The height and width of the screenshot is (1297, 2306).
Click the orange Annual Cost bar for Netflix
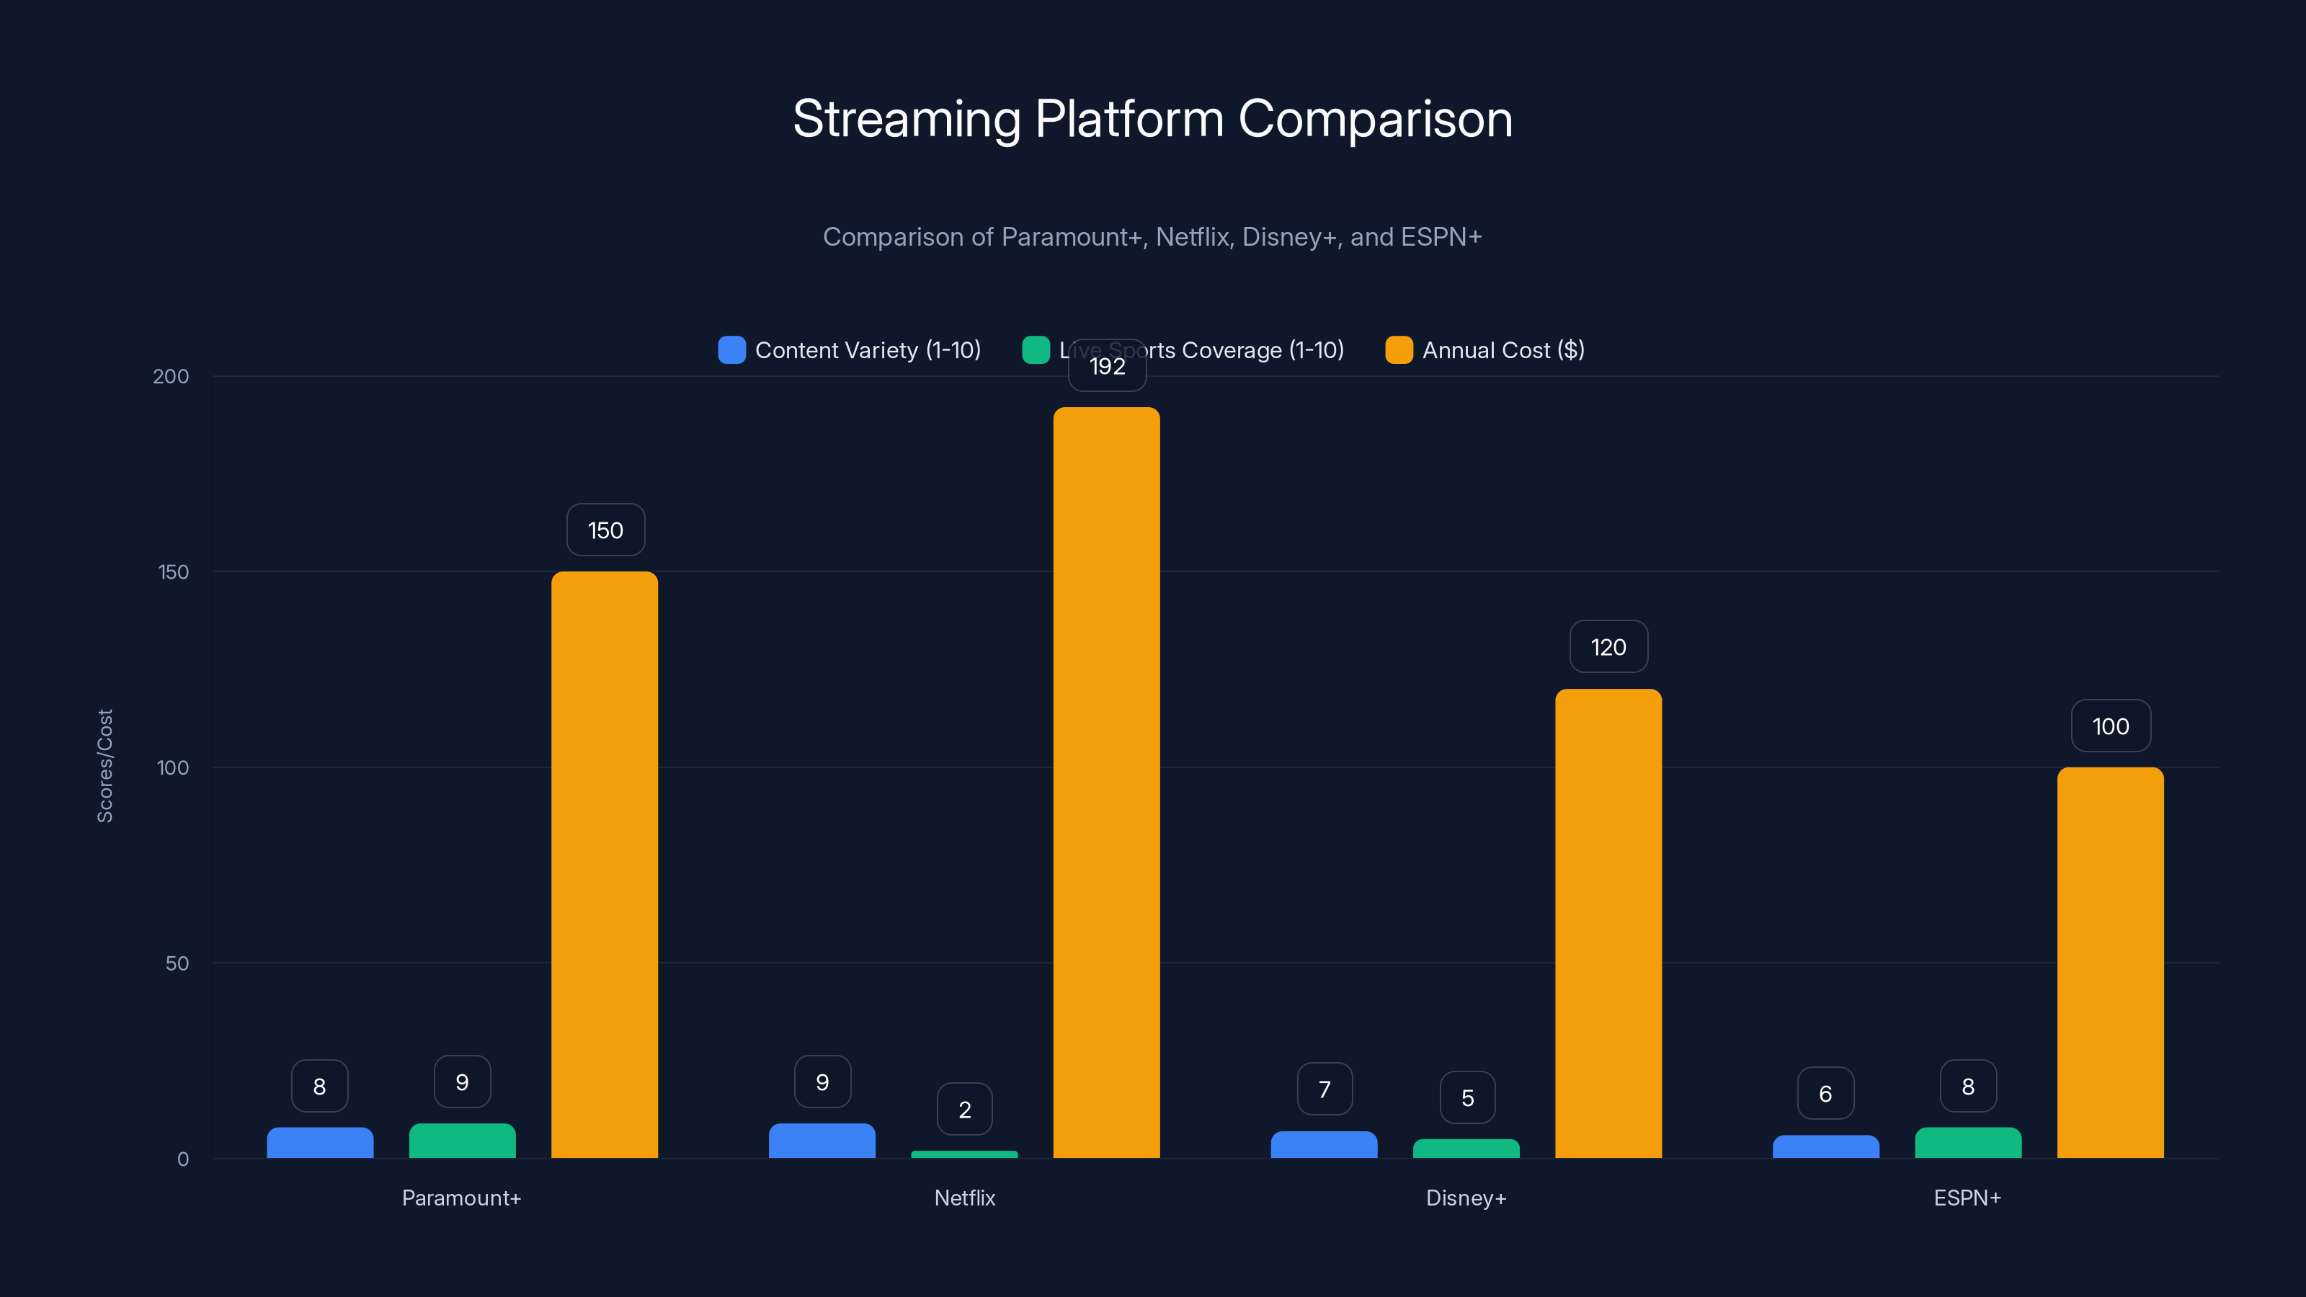click(x=1106, y=783)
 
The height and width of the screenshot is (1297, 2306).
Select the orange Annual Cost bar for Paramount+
click(x=605, y=865)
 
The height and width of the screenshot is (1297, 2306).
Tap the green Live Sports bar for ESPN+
click(x=1967, y=1143)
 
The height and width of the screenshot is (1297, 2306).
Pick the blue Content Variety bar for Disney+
click(x=1324, y=1145)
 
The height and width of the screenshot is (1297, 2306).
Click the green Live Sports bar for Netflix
click(x=964, y=1154)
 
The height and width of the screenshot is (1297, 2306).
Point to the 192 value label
click(x=1108, y=366)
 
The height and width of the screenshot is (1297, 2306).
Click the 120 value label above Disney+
click(x=1608, y=647)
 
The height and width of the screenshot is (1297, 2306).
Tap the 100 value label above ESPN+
click(x=2110, y=726)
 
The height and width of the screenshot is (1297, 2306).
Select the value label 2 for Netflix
click(x=964, y=1110)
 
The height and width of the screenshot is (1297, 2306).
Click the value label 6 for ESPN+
click(x=1825, y=1094)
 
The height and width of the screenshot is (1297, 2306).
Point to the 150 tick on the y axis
click(x=174, y=572)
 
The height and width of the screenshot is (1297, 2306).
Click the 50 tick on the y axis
click(x=177, y=963)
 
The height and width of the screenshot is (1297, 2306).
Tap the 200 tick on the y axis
click(x=171, y=376)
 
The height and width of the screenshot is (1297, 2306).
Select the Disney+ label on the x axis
click(x=1466, y=1198)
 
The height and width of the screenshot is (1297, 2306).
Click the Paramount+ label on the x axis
click(x=461, y=1198)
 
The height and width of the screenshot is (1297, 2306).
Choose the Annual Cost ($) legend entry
click(x=1502, y=350)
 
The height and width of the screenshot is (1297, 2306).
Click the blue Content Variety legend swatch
click(x=731, y=350)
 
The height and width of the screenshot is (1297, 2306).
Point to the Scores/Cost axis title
click(x=104, y=766)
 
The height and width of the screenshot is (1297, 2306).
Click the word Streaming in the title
click(x=906, y=119)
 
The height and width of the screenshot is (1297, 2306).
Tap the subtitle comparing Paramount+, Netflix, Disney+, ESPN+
click(x=1152, y=237)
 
